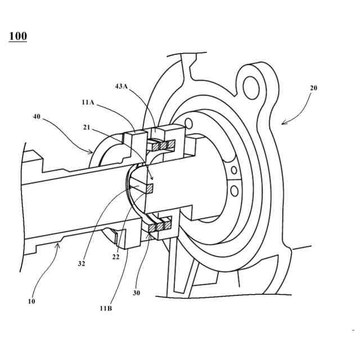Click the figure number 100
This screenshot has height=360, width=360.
(x=17, y=37)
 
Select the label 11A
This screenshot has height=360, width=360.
(x=88, y=103)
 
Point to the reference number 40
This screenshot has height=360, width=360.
(x=38, y=117)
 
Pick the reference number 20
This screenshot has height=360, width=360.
(x=313, y=88)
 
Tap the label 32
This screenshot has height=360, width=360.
(x=82, y=263)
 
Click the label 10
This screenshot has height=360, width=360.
(x=31, y=301)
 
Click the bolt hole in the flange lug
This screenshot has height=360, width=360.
(x=252, y=85)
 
